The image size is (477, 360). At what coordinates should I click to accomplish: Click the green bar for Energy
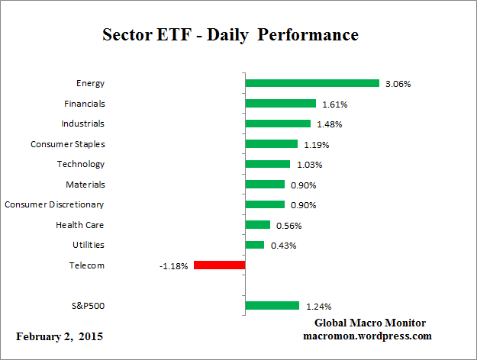(311, 83)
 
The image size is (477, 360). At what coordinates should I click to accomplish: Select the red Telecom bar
(219, 265)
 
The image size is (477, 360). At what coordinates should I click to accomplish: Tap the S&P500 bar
(272, 306)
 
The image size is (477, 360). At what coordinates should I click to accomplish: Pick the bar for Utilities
(254, 245)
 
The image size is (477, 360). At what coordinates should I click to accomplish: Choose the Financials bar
(280, 103)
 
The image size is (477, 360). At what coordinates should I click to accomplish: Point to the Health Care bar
(257, 225)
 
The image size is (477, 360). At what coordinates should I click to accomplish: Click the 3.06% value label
(398, 83)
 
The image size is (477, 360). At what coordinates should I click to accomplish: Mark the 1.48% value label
(329, 124)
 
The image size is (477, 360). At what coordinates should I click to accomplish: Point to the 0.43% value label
(282, 245)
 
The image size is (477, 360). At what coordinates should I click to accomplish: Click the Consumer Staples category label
(67, 143)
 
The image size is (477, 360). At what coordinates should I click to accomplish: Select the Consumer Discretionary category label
(54, 204)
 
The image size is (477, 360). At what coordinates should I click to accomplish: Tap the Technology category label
(80, 164)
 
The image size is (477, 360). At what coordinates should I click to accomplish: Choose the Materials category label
(85, 184)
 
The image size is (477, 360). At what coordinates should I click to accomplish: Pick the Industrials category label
(82, 123)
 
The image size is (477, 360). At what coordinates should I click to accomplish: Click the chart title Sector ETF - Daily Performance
(230, 35)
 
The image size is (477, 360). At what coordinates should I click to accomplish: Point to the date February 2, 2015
(60, 336)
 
